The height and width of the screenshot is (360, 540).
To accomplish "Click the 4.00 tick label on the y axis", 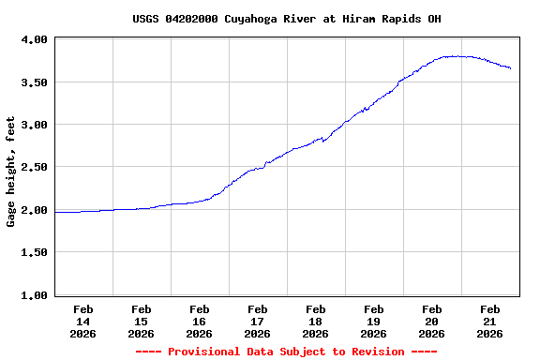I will point(36,39).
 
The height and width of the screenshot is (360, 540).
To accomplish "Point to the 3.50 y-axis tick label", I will point(36,82).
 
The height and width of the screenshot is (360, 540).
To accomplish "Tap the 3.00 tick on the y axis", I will point(36,125).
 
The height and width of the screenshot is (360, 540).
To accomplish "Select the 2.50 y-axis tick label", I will point(36,167).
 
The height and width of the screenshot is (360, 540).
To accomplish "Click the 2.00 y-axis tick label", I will point(36,210).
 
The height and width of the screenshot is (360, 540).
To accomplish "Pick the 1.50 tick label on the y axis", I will point(36,253).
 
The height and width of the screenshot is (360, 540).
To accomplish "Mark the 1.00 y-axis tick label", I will point(36,296).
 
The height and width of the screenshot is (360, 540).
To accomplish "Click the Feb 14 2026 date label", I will point(83,321).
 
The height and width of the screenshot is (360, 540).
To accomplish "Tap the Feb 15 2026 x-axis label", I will point(142,321).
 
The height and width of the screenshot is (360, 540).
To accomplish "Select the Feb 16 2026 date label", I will point(200,321).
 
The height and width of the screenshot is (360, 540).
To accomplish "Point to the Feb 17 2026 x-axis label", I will point(258,321).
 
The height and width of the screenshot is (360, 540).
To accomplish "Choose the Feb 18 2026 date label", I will point(316,321).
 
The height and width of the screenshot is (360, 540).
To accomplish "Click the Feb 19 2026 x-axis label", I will point(374,321).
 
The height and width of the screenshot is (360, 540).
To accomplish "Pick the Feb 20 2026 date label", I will point(432,321).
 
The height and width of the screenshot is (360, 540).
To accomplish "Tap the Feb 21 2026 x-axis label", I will point(490,321).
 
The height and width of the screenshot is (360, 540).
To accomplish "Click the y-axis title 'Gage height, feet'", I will point(11,172).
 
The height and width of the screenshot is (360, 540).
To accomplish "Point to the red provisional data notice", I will point(286,352).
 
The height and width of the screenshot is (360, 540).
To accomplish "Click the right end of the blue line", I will point(510,68).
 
